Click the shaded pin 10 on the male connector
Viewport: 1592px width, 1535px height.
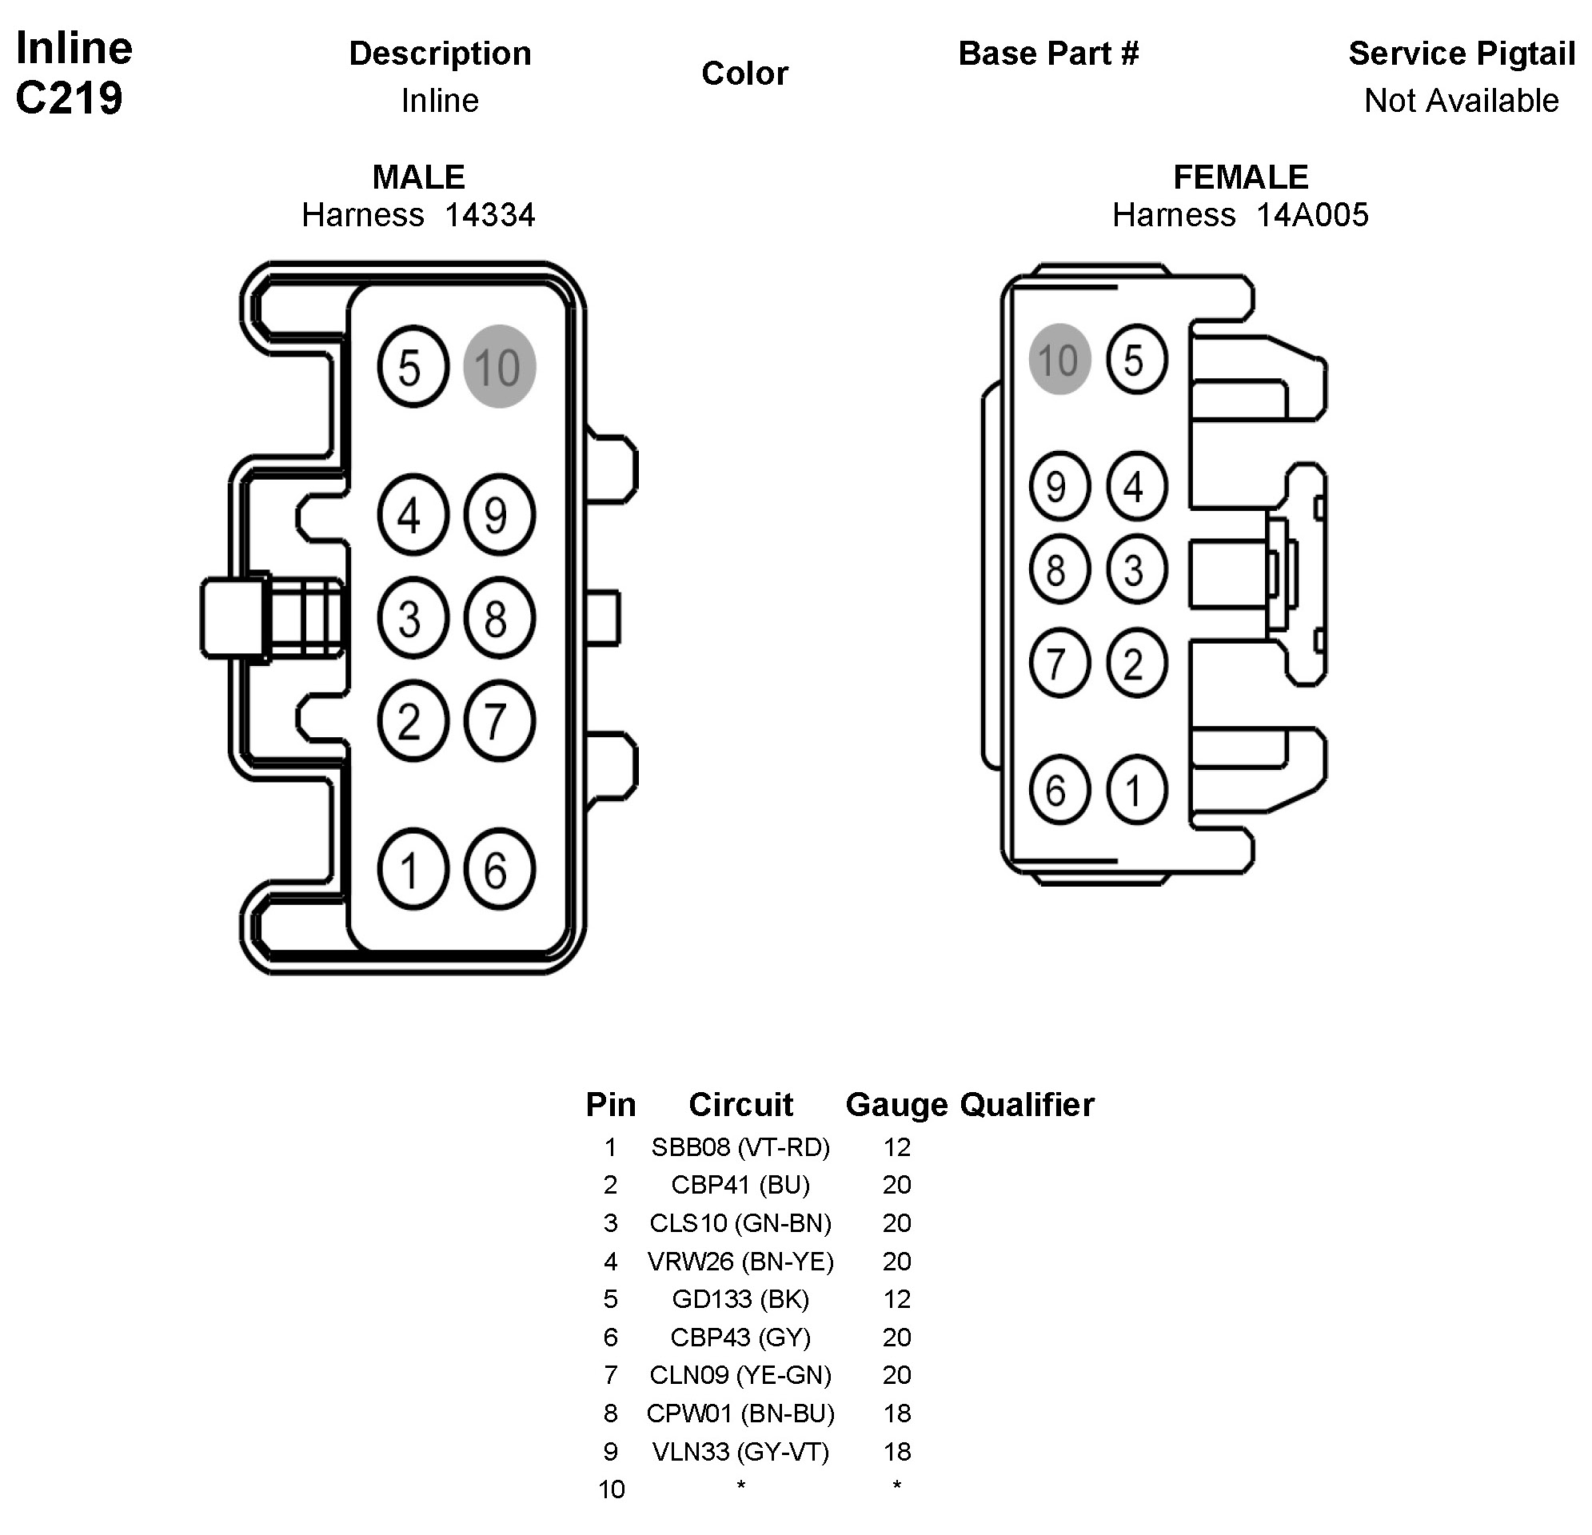[499, 366]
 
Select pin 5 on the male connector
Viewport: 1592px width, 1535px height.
[413, 366]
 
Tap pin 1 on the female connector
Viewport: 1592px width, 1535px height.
[1136, 789]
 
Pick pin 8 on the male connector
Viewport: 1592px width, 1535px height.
[499, 618]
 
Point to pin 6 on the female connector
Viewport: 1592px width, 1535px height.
[1059, 789]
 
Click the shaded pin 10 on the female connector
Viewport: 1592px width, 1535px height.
[1059, 359]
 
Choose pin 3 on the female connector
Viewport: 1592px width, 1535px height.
[1136, 568]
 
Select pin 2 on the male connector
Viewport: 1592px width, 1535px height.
[413, 720]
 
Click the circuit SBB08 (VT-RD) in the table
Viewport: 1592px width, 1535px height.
[740, 1146]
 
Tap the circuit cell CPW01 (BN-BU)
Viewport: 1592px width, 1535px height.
[740, 1413]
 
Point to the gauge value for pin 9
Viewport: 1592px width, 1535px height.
[896, 1451]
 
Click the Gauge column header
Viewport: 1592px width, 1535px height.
[896, 1105]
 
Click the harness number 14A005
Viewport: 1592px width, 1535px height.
[1312, 215]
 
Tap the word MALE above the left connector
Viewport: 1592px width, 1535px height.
[418, 177]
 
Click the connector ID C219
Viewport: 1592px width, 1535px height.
[69, 98]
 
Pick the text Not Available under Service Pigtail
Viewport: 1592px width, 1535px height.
[1461, 101]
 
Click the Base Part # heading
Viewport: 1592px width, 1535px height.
[1048, 54]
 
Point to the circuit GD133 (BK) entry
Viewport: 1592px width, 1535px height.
[740, 1298]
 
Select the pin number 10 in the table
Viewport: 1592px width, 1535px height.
[611, 1489]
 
